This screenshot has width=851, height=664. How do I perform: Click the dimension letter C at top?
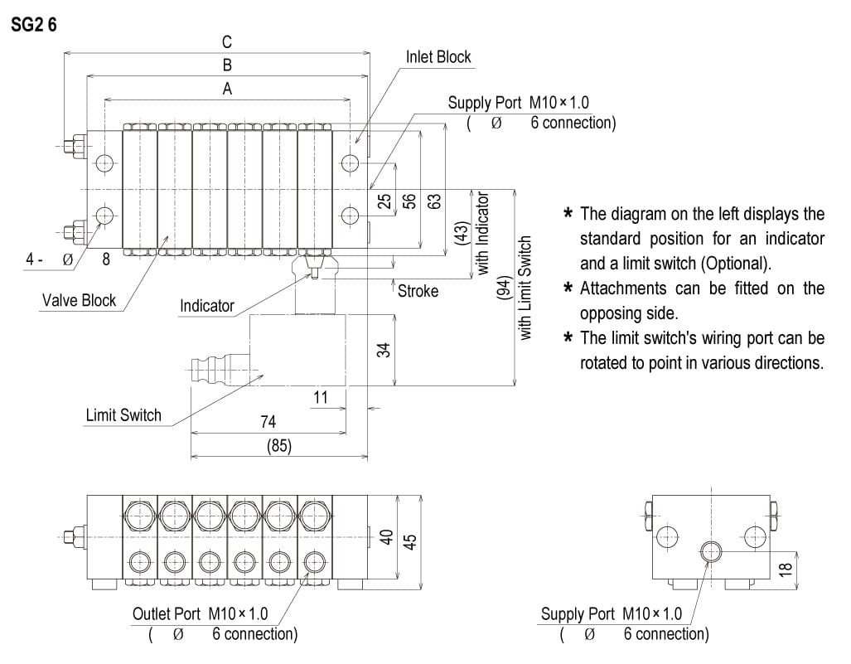[x=227, y=41]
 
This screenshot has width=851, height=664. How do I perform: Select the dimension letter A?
[x=227, y=89]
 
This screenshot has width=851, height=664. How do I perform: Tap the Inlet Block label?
[x=438, y=57]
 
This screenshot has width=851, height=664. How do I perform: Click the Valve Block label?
[x=80, y=300]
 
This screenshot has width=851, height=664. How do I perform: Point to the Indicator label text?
[x=207, y=306]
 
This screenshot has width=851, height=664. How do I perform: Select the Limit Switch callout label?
[x=123, y=414]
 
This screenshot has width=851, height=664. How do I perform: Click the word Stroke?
[x=418, y=291]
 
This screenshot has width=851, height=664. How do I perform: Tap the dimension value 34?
[x=384, y=351]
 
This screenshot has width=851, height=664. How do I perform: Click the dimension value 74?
[x=268, y=422]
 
